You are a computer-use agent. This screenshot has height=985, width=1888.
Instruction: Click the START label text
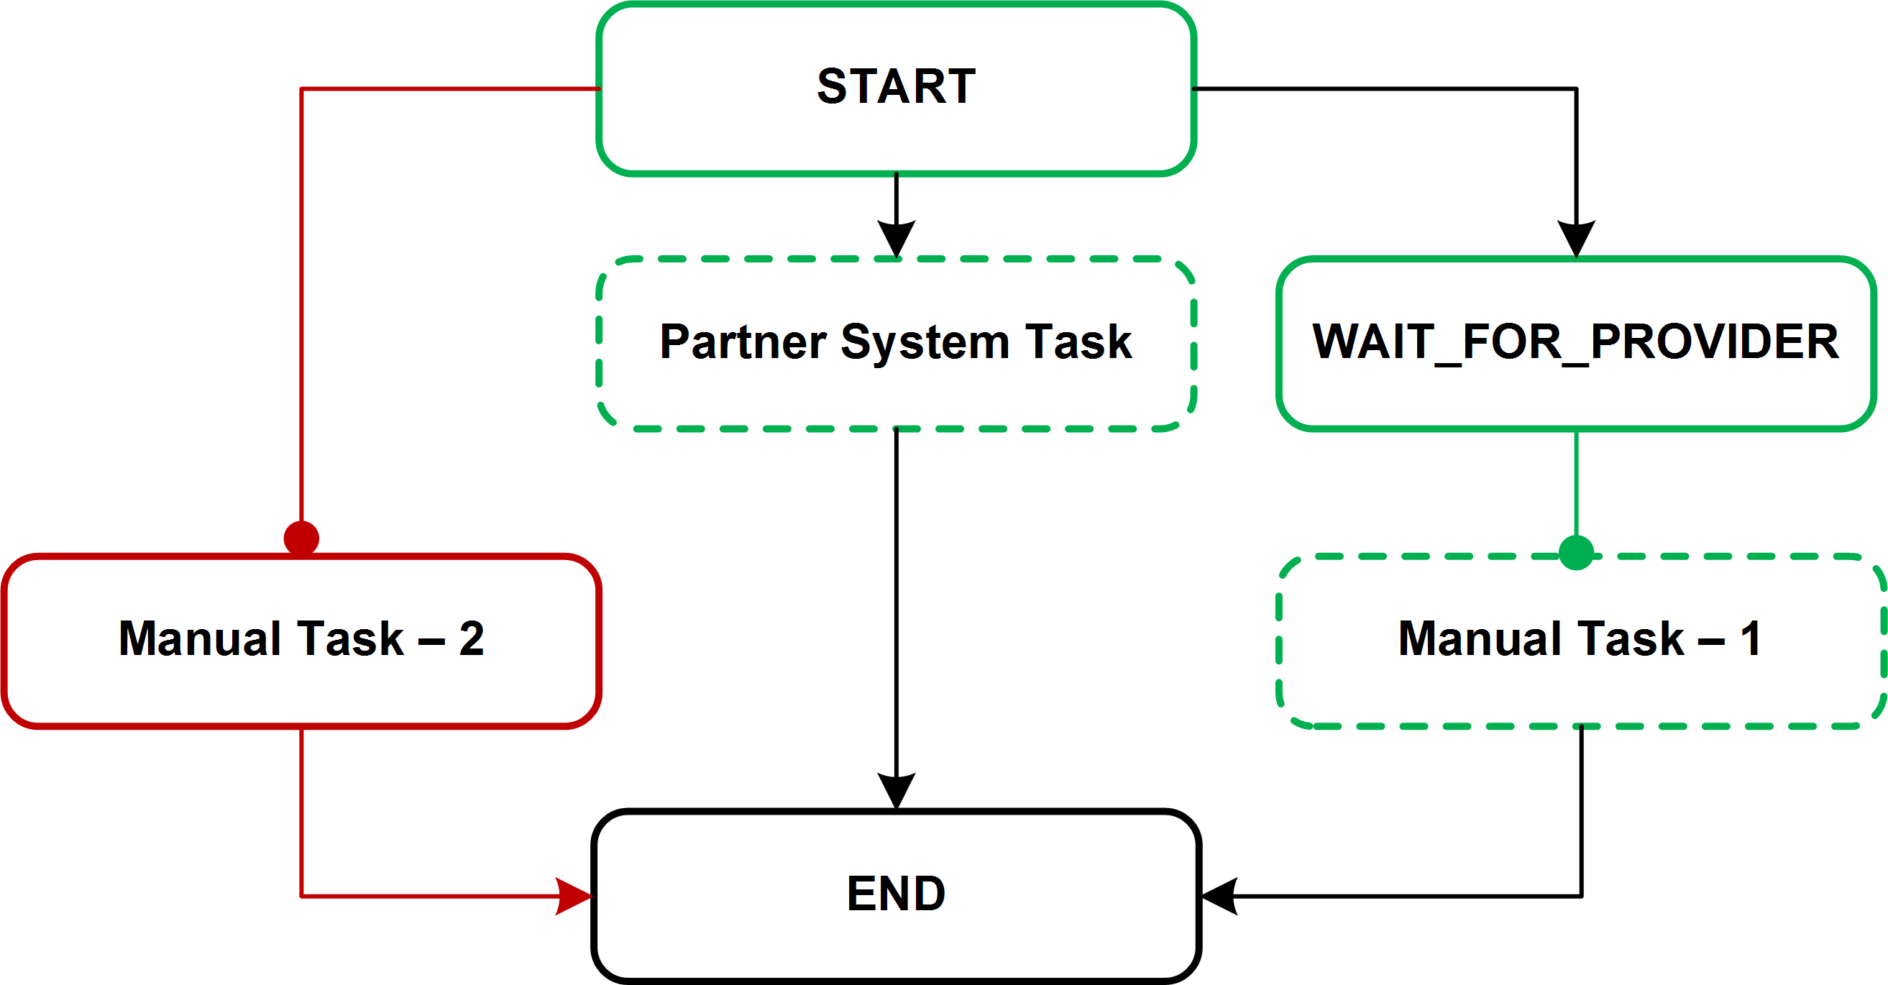click(896, 86)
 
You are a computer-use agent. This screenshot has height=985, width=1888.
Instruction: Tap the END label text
click(896, 894)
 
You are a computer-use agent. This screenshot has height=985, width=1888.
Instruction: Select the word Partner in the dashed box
click(743, 342)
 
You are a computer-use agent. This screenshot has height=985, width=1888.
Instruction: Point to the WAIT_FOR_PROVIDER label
click(1575, 342)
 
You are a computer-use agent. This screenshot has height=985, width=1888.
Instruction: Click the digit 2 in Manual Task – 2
click(471, 638)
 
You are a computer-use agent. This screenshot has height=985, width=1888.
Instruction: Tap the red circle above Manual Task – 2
click(301, 539)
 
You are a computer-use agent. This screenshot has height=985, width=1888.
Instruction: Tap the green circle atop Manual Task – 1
click(1577, 553)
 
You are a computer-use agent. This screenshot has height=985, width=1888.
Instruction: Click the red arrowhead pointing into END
click(574, 896)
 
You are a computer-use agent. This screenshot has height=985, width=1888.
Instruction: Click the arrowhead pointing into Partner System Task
click(896, 237)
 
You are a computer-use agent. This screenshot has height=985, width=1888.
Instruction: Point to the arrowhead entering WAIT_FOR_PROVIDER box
click(1577, 237)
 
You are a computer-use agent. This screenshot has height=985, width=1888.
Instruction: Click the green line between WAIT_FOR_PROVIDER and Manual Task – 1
click(1577, 484)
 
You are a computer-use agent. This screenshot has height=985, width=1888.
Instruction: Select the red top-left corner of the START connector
click(302, 89)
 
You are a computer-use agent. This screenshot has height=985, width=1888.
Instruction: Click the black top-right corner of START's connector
click(1577, 89)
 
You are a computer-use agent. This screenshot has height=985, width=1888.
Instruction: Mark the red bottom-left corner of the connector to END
click(302, 896)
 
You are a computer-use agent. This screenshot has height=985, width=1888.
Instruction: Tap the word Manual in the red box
click(200, 638)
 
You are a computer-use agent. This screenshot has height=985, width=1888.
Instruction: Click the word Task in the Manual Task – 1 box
click(1630, 638)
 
